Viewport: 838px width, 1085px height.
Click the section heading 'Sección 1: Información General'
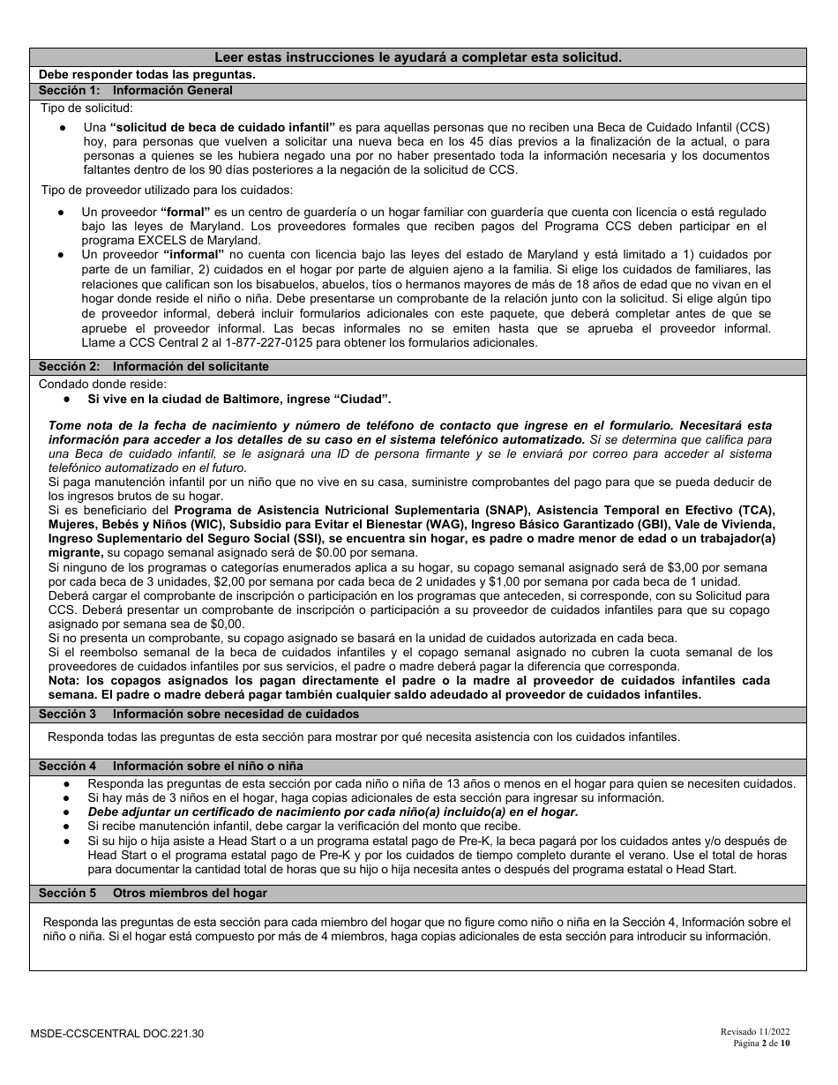(136, 91)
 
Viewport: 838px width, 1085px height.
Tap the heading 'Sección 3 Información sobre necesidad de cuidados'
(198, 715)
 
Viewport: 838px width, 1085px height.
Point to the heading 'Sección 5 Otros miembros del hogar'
(153, 894)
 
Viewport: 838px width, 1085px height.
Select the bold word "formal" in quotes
(185, 213)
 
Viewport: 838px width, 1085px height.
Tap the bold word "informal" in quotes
(191, 255)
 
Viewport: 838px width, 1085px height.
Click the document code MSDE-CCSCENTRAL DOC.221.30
(121, 1032)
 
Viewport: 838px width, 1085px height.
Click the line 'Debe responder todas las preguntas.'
(147, 74)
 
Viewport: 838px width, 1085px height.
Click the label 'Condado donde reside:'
(102, 384)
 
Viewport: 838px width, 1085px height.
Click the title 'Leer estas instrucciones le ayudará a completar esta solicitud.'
(418, 57)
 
